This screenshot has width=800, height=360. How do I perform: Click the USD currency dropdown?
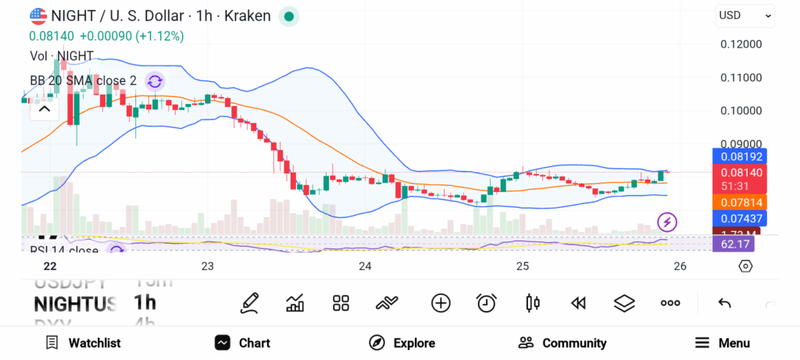pyautogui.click(x=745, y=15)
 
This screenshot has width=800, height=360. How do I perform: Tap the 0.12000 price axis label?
pyautogui.click(x=741, y=45)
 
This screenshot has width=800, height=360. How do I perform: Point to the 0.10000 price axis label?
pyautogui.click(x=741, y=110)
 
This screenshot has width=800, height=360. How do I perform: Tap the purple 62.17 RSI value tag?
pyautogui.click(x=734, y=244)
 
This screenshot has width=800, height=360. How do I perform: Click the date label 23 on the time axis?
pyautogui.click(x=207, y=266)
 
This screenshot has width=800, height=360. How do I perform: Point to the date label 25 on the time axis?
pyautogui.click(x=523, y=266)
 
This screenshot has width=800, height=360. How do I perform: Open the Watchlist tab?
pyautogui.click(x=83, y=343)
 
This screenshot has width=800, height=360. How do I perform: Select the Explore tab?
pyautogui.click(x=402, y=343)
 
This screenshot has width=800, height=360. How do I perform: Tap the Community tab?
pyautogui.click(x=562, y=343)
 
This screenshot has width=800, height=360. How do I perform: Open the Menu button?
pyautogui.click(x=723, y=343)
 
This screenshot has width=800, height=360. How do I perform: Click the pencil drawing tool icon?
pyautogui.click(x=249, y=303)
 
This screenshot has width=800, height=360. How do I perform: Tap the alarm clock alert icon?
pyautogui.click(x=487, y=303)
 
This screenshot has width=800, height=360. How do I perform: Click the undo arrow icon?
pyautogui.click(x=724, y=303)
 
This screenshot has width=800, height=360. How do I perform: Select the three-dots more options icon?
pyautogui.click(x=670, y=303)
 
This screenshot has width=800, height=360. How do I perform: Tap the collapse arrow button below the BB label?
pyautogui.click(x=45, y=109)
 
